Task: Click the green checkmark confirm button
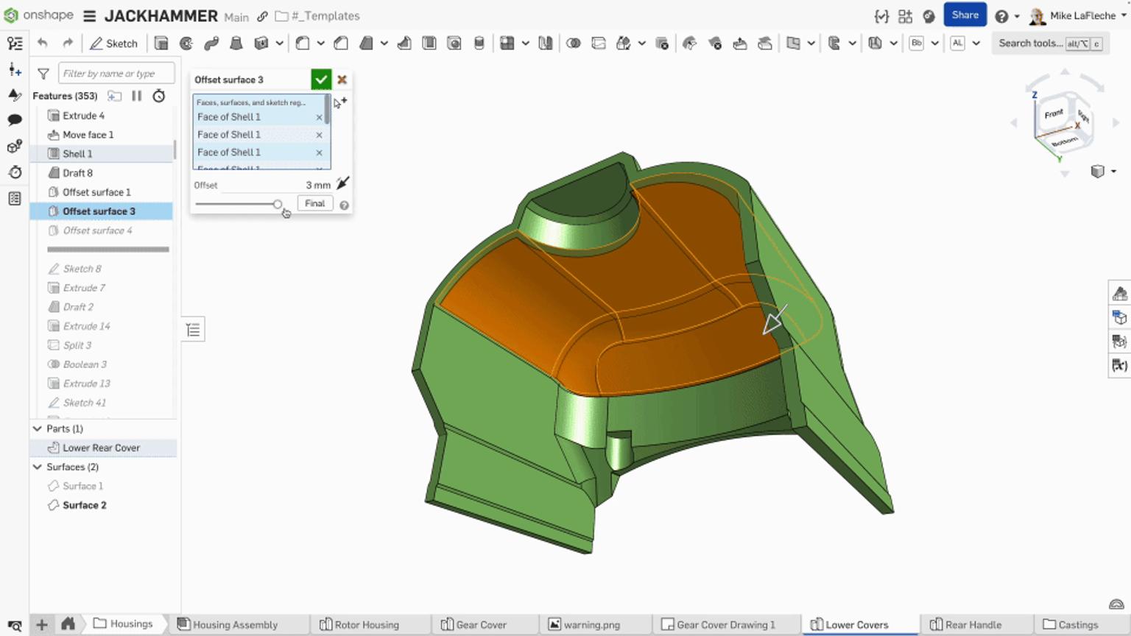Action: point(321,79)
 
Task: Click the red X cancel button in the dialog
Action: point(342,79)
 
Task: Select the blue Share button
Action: point(965,15)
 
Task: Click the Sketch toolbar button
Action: point(114,43)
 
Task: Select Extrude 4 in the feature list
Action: point(83,116)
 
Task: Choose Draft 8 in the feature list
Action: point(77,173)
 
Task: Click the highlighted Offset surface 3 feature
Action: point(99,211)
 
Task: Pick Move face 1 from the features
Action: point(88,135)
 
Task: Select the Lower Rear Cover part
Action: point(101,448)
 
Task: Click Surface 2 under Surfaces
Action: point(84,505)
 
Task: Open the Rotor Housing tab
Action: point(366,625)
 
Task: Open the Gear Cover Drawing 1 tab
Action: point(725,625)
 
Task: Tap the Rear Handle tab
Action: point(973,625)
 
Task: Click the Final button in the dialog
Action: point(314,203)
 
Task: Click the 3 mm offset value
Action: point(317,185)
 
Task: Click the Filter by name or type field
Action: point(116,74)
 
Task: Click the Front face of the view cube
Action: point(1053,114)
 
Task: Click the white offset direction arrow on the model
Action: point(774,320)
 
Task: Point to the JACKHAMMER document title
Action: point(161,16)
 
